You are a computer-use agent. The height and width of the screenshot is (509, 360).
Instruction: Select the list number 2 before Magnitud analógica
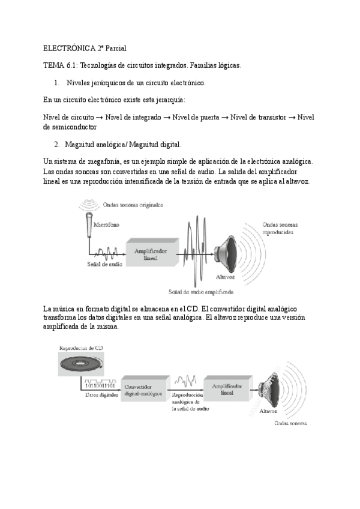point(56,145)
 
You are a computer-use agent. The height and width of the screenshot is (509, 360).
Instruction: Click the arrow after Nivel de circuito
point(99,118)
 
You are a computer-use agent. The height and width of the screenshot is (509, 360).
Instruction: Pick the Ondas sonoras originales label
point(132,204)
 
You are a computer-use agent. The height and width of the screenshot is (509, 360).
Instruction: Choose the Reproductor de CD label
point(82,348)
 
